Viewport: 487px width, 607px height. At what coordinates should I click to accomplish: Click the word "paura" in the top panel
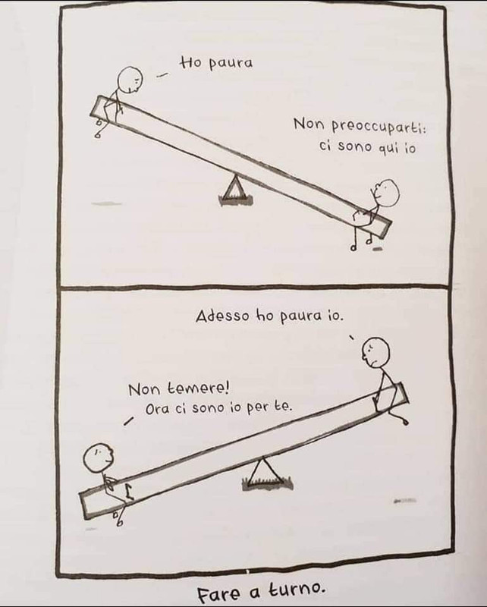(231, 64)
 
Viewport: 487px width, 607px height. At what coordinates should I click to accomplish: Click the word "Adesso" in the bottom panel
(222, 316)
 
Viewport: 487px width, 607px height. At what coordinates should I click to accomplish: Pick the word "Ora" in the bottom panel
(158, 409)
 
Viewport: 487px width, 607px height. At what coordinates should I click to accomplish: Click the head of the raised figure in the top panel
(129, 80)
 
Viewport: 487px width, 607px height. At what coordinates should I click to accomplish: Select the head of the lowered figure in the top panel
(386, 192)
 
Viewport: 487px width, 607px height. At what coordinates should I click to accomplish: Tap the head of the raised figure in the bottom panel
(375, 351)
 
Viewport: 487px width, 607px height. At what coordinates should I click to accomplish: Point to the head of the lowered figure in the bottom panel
(99, 458)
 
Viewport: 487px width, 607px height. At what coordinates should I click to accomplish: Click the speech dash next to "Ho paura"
(162, 76)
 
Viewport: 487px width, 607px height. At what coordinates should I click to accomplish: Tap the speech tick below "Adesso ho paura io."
(352, 338)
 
